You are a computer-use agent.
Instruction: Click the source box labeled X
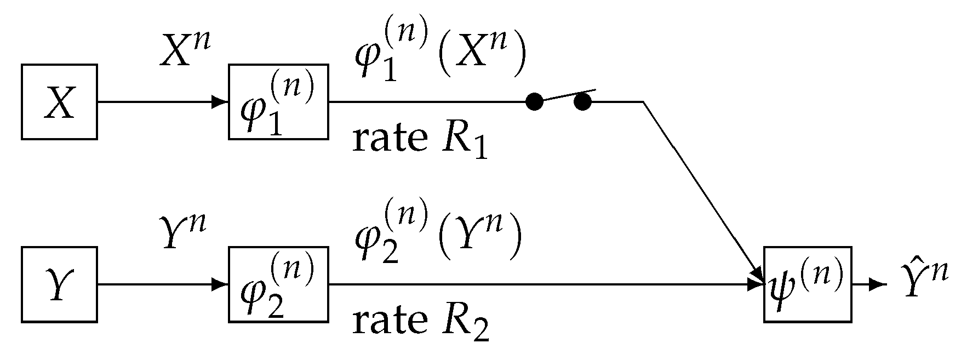pos(59,102)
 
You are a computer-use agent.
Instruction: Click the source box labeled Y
pos(59,285)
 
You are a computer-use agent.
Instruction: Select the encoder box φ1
pos(278,102)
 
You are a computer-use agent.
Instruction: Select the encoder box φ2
pos(278,285)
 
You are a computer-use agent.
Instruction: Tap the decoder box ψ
pos(808,285)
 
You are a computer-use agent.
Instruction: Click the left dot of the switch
pos(534,101)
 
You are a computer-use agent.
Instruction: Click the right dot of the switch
pos(583,101)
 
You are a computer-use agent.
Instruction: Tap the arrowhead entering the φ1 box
pos(220,102)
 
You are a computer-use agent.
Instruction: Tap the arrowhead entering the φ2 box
pos(220,285)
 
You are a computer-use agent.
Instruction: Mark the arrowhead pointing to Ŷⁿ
pos(879,285)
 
